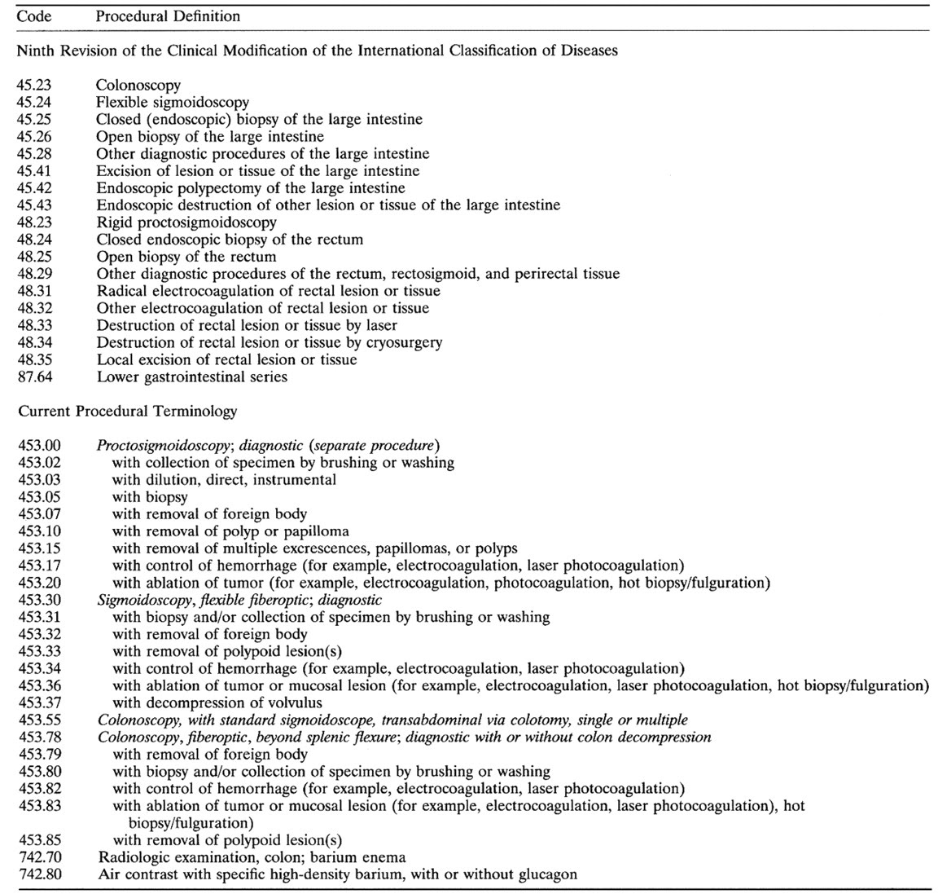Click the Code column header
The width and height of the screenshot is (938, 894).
pos(35,16)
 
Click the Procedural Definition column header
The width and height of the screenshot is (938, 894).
pos(168,16)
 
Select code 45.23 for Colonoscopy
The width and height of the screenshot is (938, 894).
pos(33,85)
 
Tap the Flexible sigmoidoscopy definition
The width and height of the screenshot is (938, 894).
pos(173,102)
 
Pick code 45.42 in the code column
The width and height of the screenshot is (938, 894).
pos(33,187)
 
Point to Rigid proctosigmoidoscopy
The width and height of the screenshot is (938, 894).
pos(186,222)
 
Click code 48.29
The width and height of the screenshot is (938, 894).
pos(33,274)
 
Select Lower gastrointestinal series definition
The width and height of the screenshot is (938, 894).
pos(191,377)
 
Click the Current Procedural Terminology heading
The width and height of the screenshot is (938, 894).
pos(128,411)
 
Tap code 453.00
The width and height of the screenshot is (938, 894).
pos(37,446)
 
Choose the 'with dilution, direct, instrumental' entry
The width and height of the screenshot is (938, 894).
pos(224,480)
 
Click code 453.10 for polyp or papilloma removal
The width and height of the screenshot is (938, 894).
pos(37,531)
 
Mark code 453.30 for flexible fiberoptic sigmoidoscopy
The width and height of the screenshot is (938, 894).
pos(37,600)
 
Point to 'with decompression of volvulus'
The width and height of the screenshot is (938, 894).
pos(217,702)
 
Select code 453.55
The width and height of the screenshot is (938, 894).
pos(37,720)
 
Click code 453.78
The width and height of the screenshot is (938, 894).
pos(37,737)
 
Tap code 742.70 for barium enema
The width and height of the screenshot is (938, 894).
pos(37,857)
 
